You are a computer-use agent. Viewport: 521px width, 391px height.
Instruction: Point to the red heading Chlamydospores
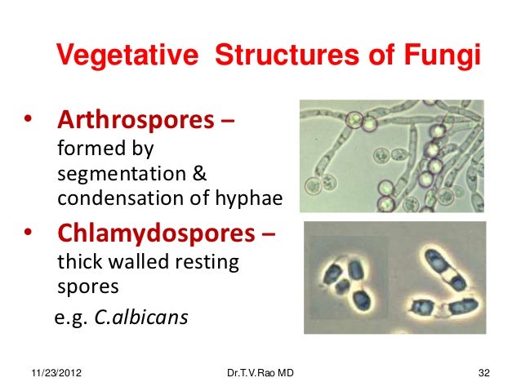coord(156,235)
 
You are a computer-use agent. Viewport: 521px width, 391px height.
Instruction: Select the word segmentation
coord(119,176)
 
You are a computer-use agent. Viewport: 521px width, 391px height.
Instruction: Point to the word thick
coord(79,264)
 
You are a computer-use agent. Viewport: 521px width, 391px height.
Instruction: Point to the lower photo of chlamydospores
coord(394,278)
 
